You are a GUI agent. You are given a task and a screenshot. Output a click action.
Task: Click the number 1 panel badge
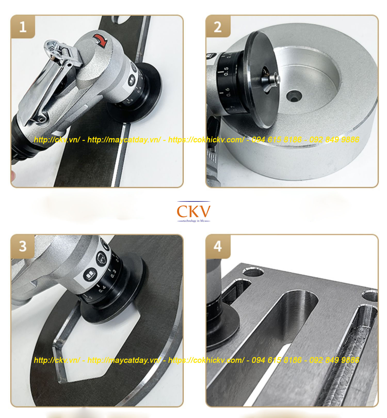[x=23, y=27]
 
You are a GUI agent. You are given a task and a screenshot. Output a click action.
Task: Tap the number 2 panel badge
[x=217, y=27]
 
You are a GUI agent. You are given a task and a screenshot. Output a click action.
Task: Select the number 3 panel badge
[x=23, y=246]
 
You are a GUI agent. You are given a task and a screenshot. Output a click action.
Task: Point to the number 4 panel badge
[x=217, y=246]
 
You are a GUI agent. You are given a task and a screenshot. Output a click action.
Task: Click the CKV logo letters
[x=193, y=211]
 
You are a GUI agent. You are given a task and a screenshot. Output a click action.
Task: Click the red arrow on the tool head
[x=101, y=40]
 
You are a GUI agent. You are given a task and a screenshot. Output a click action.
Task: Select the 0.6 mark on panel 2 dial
[x=228, y=92]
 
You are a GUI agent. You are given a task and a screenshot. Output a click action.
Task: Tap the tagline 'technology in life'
[x=193, y=221]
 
